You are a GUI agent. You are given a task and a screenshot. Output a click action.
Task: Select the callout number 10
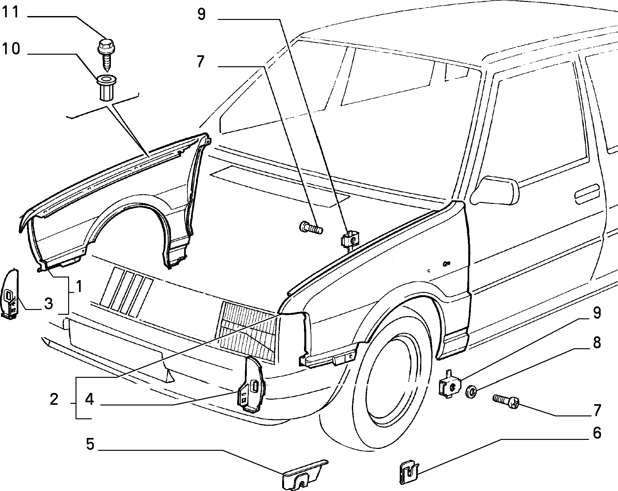11,49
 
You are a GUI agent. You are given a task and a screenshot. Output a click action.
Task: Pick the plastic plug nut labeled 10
106,88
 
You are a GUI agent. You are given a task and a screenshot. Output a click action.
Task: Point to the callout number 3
48,304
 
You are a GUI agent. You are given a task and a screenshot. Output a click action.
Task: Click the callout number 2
54,399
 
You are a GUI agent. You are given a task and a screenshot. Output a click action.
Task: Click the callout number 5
90,444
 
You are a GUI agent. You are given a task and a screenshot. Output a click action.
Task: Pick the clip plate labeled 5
304,473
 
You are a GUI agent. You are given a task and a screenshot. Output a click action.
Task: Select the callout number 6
597,433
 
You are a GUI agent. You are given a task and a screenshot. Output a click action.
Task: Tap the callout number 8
597,343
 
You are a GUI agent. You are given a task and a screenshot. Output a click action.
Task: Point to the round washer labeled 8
471,392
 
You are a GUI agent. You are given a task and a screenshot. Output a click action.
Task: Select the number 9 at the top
202,14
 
